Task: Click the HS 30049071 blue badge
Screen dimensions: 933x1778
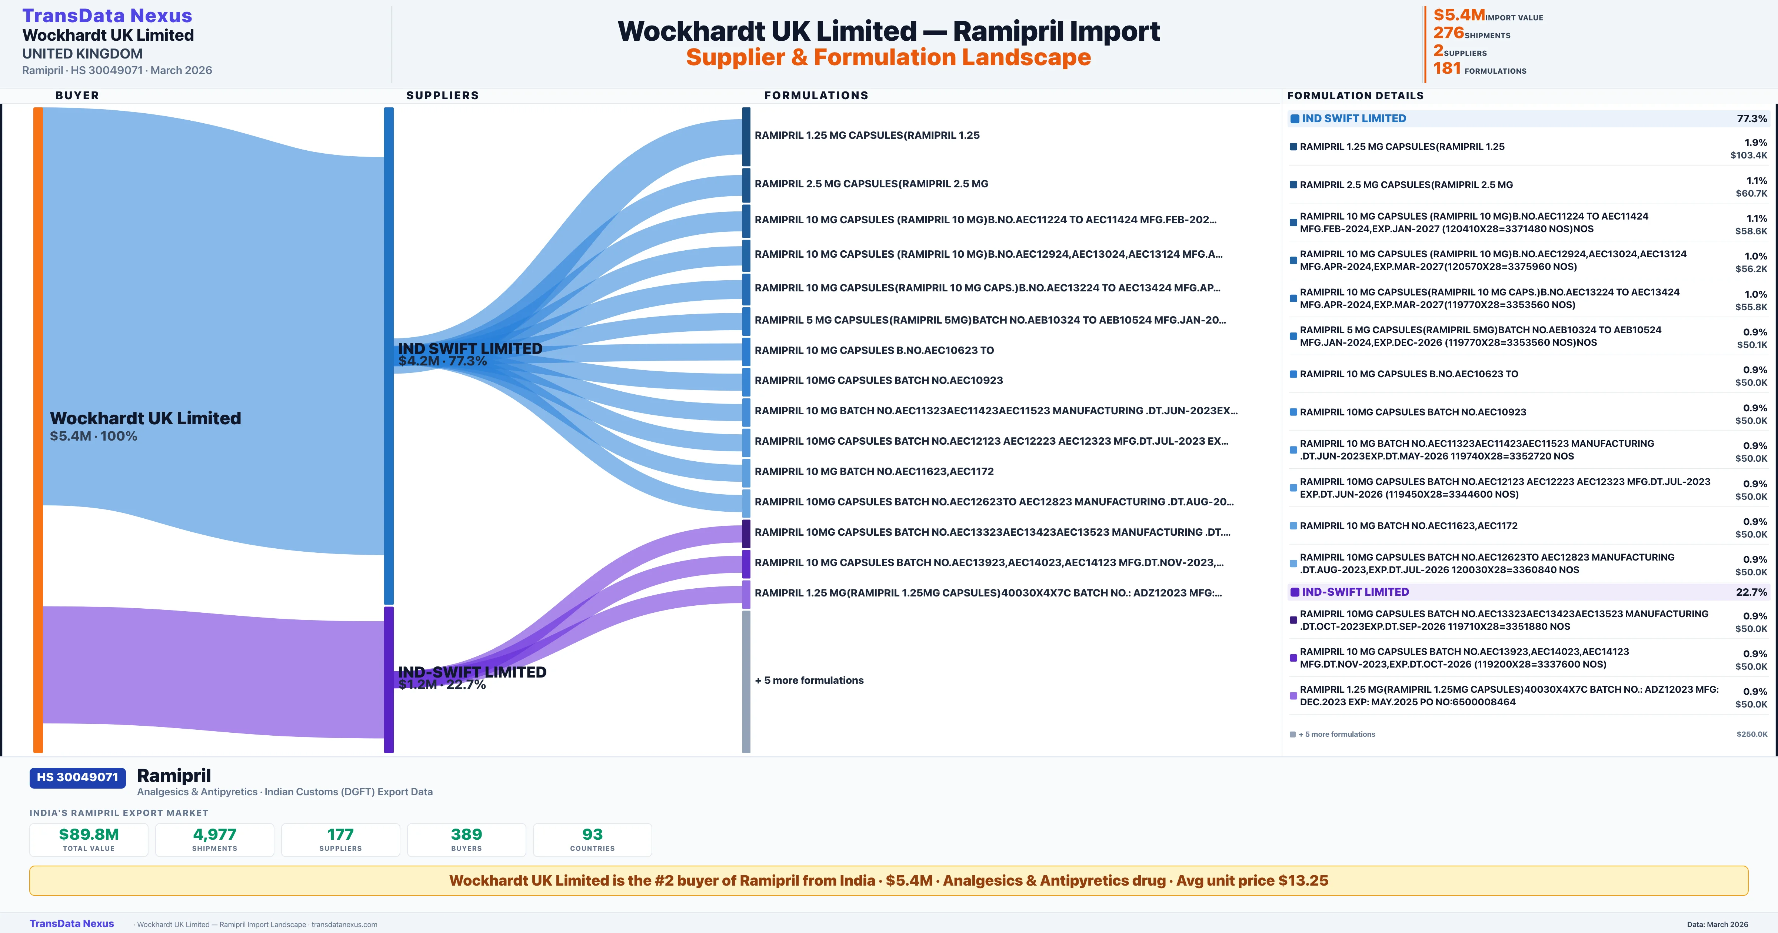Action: tap(77, 777)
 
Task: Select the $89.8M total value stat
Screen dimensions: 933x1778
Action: tap(89, 834)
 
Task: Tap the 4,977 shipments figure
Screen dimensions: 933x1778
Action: tap(215, 834)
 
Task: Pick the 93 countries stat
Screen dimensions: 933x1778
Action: tap(592, 834)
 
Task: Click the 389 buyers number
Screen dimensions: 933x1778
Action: tap(467, 834)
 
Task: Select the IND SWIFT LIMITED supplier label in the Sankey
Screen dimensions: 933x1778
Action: tap(470, 348)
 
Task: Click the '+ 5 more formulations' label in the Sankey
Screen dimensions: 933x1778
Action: tap(809, 680)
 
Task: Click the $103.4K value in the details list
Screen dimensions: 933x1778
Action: tap(1748, 155)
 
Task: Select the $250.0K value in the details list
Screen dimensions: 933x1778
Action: tap(1752, 734)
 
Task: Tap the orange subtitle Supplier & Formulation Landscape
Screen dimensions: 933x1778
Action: tap(888, 57)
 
